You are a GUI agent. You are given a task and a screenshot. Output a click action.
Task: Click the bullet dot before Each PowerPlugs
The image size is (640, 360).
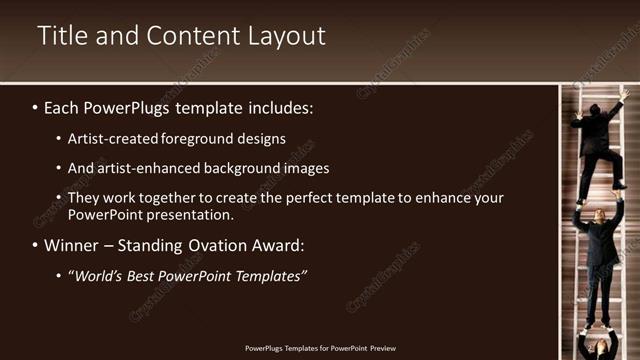pyautogui.click(x=36, y=106)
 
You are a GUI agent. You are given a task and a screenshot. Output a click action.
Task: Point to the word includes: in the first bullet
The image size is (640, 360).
pyautogui.click(x=283, y=106)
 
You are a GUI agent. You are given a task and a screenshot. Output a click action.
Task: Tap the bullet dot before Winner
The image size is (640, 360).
pyautogui.click(x=36, y=245)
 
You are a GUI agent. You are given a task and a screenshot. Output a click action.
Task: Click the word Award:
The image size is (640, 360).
pyautogui.click(x=276, y=245)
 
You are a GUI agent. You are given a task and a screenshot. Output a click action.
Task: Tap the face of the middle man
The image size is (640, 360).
pyautogui.click(x=598, y=214)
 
